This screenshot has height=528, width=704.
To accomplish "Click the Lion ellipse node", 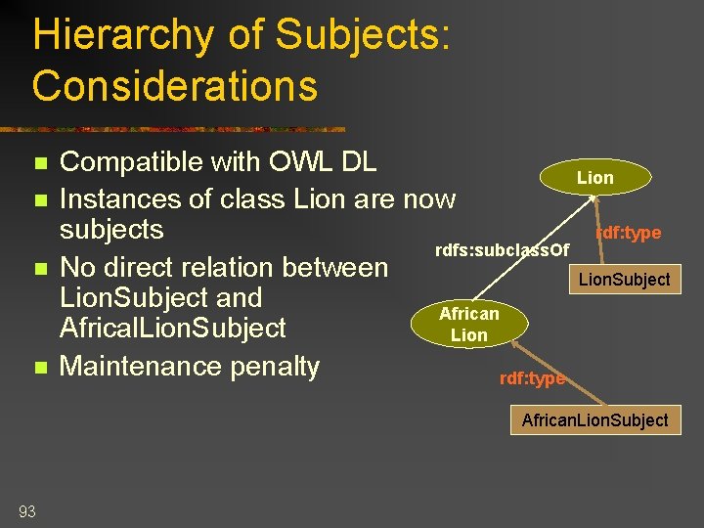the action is (x=594, y=178).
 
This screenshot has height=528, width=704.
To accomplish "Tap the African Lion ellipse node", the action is (x=469, y=324).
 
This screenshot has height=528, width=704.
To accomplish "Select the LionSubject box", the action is (x=625, y=280).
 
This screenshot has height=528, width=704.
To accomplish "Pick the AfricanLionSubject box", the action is (x=594, y=420).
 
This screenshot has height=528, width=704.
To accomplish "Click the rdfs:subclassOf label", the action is (x=502, y=251).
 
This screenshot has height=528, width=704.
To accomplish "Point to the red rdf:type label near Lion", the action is (x=629, y=233).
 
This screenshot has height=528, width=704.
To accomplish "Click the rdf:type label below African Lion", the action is (x=532, y=379).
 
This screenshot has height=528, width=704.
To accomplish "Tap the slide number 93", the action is (x=26, y=510).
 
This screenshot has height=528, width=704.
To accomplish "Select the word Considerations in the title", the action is (x=175, y=86).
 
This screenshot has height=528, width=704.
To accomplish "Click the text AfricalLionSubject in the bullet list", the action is (x=173, y=328).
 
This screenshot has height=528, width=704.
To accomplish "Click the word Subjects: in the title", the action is (x=363, y=36).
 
